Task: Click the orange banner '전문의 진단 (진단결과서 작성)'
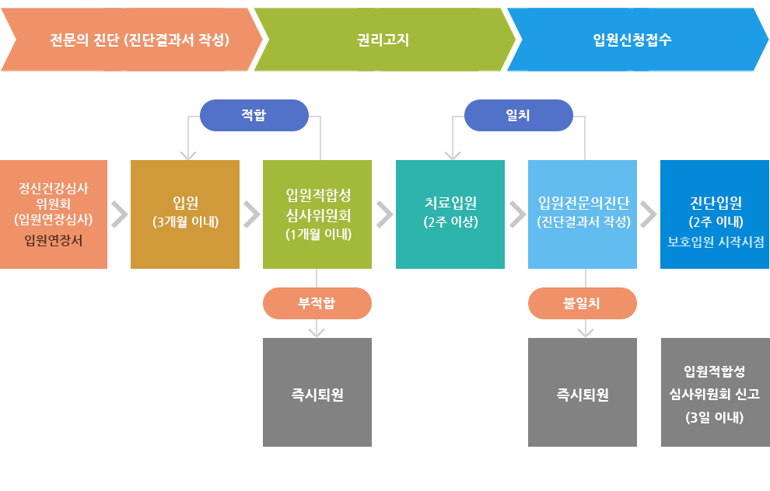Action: click(x=128, y=39)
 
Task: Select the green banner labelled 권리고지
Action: click(x=383, y=39)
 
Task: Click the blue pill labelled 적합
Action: click(x=254, y=115)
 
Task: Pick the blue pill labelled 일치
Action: click(x=518, y=115)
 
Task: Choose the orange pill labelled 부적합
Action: click(x=317, y=303)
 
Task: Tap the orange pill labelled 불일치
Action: click(x=582, y=303)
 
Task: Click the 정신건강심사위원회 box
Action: click(x=54, y=214)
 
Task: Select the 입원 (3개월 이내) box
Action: click(x=185, y=214)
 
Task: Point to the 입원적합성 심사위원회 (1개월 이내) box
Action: click(x=317, y=214)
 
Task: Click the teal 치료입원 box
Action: click(x=450, y=214)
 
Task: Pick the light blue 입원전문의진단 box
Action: click(x=583, y=214)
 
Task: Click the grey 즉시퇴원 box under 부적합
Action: click(x=317, y=392)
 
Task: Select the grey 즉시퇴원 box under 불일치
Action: click(x=583, y=392)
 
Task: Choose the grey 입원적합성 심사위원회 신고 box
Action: click(x=715, y=392)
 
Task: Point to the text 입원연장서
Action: click(x=54, y=240)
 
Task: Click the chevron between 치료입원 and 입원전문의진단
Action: click(x=517, y=214)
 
